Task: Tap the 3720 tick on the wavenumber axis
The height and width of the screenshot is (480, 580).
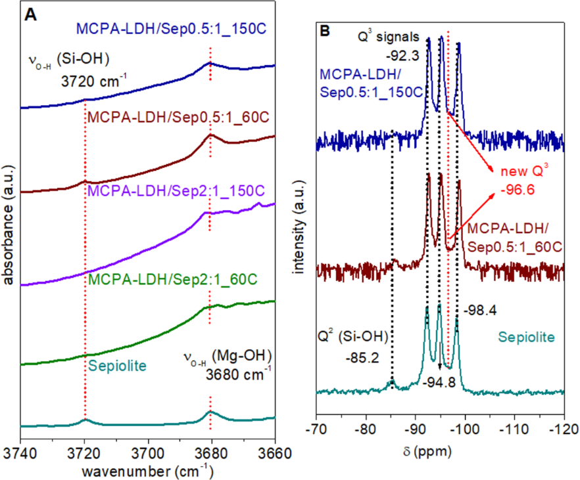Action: (x=84, y=452)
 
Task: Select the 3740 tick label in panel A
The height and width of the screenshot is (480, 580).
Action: (x=22, y=452)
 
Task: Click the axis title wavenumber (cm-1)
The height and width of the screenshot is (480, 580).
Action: (x=147, y=471)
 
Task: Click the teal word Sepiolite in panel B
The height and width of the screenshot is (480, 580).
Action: (x=527, y=337)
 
